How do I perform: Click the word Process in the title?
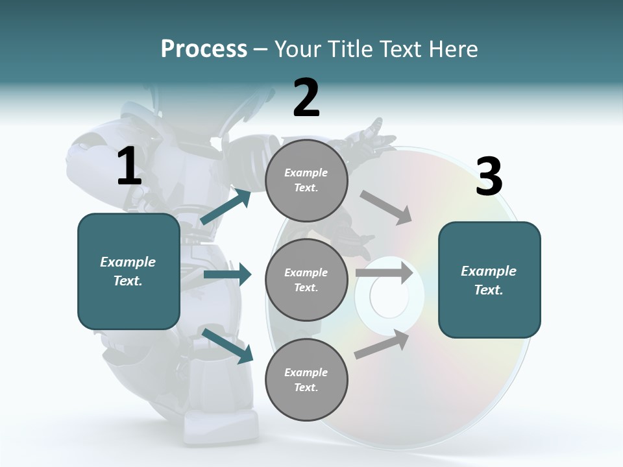pyautogui.click(x=204, y=49)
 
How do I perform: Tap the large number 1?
pyautogui.click(x=129, y=166)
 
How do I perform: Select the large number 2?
pyautogui.click(x=306, y=98)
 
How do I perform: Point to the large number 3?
pyautogui.click(x=489, y=177)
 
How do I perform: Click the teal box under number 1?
pyautogui.click(x=128, y=271)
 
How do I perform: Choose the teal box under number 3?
pyautogui.click(x=489, y=280)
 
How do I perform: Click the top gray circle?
pyautogui.click(x=306, y=180)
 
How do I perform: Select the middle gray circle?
pyautogui.click(x=306, y=280)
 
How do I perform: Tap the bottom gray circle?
pyautogui.click(x=306, y=379)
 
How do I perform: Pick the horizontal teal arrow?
pyautogui.click(x=227, y=274)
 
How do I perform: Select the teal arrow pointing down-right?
pyautogui.click(x=228, y=345)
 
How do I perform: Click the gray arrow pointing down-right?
pyautogui.click(x=385, y=207)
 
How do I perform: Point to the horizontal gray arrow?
pyautogui.click(x=384, y=272)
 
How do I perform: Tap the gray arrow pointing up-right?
pyautogui.click(x=382, y=344)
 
